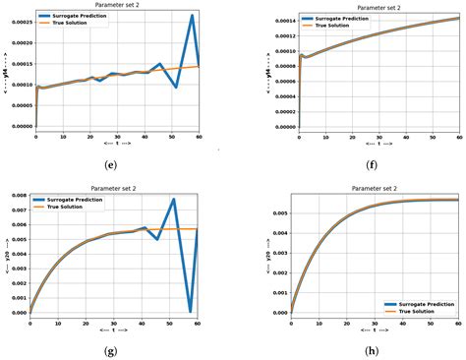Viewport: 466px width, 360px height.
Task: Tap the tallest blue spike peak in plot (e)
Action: (x=192, y=16)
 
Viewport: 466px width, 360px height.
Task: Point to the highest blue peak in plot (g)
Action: (x=173, y=200)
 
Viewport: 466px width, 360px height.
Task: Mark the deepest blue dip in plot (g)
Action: (x=191, y=311)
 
